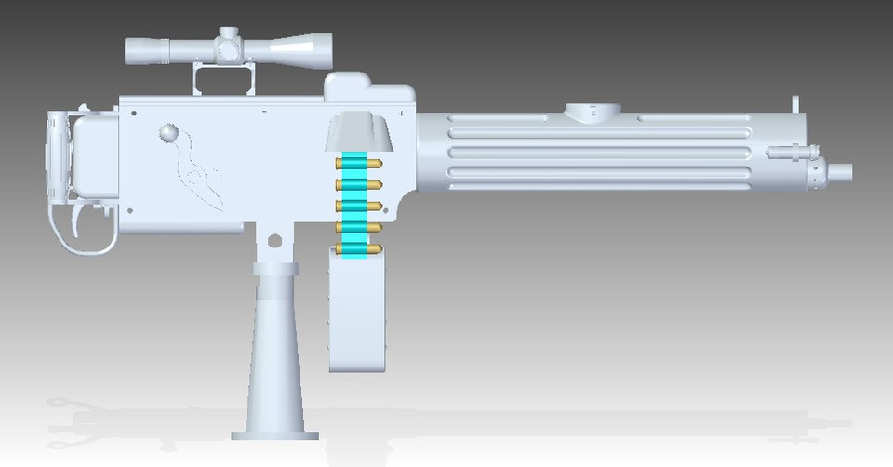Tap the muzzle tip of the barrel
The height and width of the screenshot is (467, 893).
(x=841, y=171)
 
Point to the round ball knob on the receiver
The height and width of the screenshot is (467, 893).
(x=167, y=133)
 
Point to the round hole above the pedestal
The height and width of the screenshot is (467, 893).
(x=274, y=241)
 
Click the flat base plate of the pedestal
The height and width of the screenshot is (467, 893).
(x=274, y=434)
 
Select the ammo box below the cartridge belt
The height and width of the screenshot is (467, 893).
(x=358, y=312)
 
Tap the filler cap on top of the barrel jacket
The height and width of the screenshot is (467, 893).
(x=593, y=113)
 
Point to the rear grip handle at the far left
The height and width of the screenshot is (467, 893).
(x=58, y=158)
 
